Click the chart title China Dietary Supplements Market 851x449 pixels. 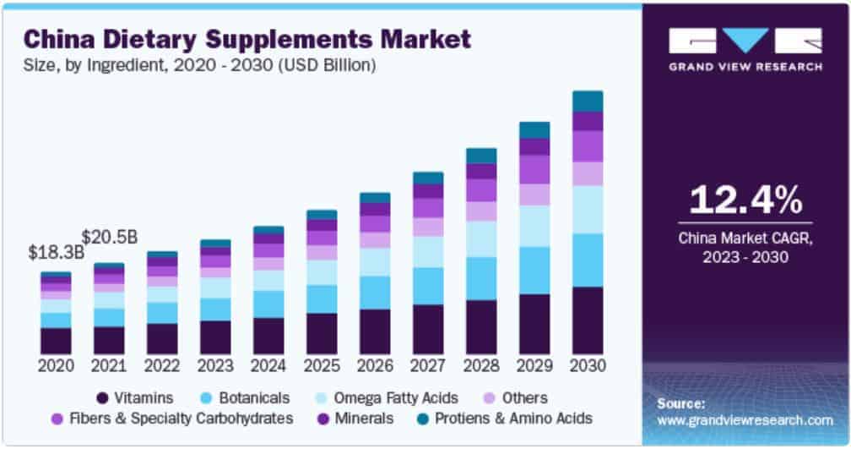[x=247, y=39]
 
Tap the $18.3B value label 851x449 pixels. [x=56, y=252]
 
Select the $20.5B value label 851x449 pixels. [x=109, y=235]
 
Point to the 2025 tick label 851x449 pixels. [x=322, y=366]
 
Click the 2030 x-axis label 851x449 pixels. [x=588, y=366]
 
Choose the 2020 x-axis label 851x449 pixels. [x=56, y=366]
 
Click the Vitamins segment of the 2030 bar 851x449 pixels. [x=588, y=320]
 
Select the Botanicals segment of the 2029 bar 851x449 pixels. [x=534, y=271]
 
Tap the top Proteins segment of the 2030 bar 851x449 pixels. [x=588, y=101]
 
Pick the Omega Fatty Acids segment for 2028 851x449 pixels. [x=481, y=239]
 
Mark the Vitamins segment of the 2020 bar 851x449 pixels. [x=56, y=341]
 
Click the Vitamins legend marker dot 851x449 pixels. [x=103, y=397]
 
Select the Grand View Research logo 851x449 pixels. [x=745, y=47]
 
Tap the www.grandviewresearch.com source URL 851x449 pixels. [x=745, y=419]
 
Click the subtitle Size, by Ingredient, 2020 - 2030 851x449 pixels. [x=199, y=65]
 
